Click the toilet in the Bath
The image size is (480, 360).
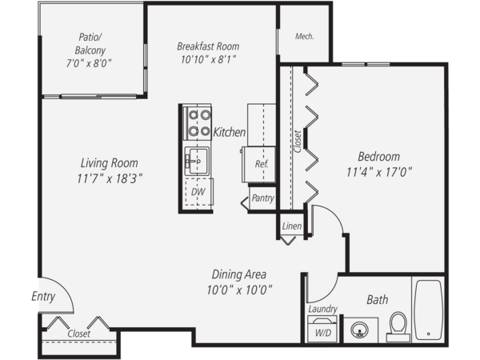click(x=398, y=326)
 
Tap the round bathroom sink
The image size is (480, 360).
click(x=360, y=330)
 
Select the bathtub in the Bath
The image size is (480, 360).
click(x=428, y=310)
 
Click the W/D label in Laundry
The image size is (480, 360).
click(x=323, y=333)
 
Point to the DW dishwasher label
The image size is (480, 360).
click(x=198, y=192)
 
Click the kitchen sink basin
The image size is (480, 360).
click(x=197, y=162)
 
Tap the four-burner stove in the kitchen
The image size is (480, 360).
click(x=198, y=123)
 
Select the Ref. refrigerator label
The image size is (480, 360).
click(x=262, y=164)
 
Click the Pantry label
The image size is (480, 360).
click(x=262, y=198)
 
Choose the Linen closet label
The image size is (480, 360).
click(x=292, y=226)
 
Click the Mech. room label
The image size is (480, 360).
click(x=304, y=37)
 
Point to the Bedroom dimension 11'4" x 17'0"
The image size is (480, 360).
click(x=379, y=172)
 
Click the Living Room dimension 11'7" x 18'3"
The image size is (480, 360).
click(x=110, y=178)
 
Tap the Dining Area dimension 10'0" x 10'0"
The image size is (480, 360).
click(x=239, y=290)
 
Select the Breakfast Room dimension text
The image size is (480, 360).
click(x=208, y=59)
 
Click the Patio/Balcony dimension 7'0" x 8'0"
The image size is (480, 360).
click(x=89, y=63)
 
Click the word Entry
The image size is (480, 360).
click(x=43, y=297)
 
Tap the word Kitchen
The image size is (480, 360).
click(x=230, y=132)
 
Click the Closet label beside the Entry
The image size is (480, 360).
click(x=79, y=334)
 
